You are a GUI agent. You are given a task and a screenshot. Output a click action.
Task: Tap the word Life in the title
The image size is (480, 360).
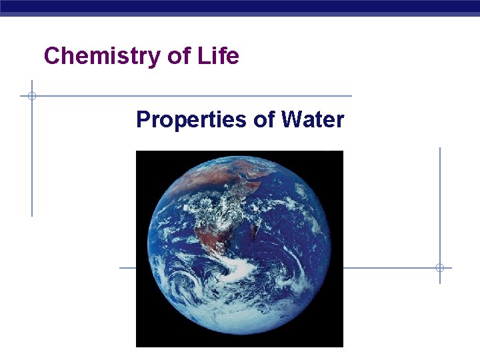[x=218, y=56]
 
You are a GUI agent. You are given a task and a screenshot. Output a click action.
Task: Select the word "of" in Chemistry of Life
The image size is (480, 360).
[x=179, y=56]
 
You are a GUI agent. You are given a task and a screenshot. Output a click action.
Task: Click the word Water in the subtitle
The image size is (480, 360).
[x=313, y=120]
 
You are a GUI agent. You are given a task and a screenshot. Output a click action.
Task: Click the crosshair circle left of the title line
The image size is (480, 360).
[x=31, y=96]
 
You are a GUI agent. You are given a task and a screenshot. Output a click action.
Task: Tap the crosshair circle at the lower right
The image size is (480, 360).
[x=440, y=268]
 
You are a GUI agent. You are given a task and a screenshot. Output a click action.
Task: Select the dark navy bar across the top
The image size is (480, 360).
[x=240, y=7]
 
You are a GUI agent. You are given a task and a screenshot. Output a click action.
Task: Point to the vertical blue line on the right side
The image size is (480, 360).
[x=440, y=200]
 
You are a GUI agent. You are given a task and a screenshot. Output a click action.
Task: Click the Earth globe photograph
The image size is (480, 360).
[x=239, y=249]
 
